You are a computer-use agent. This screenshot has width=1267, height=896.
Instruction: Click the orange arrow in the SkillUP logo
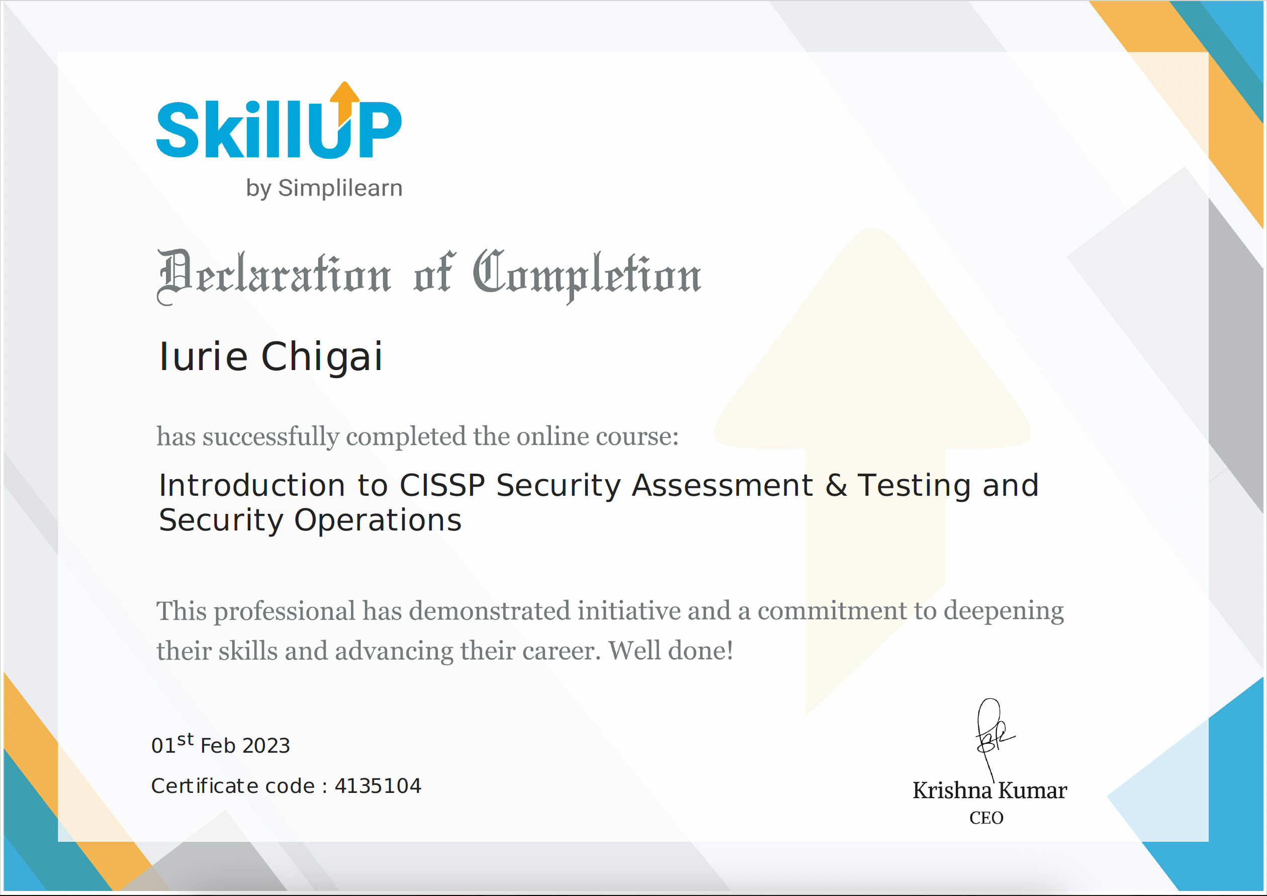pyautogui.click(x=345, y=102)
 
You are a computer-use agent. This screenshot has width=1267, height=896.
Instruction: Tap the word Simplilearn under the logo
pyautogui.click(x=340, y=188)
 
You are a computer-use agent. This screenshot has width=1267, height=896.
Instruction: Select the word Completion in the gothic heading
pyautogui.click(x=587, y=274)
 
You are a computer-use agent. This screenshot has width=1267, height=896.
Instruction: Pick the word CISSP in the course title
pyautogui.click(x=442, y=486)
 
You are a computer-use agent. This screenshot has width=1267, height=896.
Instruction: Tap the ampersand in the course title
pyautogui.click(x=836, y=486)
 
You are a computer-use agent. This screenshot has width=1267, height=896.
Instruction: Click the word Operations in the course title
pyautogui.click(x=378, y=520)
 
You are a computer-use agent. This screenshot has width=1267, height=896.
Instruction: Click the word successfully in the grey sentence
pyautogui.click(x=270, y=437)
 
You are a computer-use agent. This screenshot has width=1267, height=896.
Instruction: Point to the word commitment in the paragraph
pyautogui.click(x=832, y=611)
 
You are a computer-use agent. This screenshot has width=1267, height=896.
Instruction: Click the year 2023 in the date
pyautogui.click(x=266, y=746)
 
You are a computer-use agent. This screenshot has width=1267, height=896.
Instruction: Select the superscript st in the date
pyautogui.click(x=186, y=739)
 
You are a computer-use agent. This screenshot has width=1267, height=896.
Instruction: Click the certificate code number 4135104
pyautogui.click(x=378, y=786)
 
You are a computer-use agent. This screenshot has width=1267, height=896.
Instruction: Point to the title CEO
pyautogui.click(x=986, y=818)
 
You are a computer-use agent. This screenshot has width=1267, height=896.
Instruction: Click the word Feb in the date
pyautogui.click(x=218, y=746)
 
